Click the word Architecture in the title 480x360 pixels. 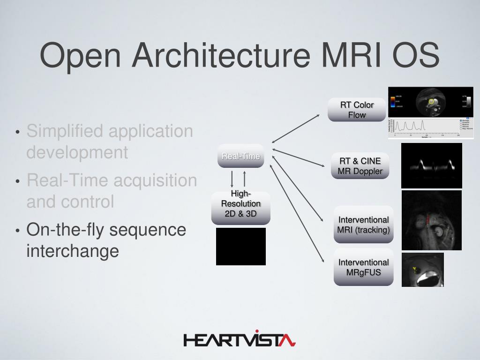pyautogui.click(x=220, y=55)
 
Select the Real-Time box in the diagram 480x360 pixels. pyautogui.click(x=240, y=156)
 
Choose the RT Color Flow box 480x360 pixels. pyautogui.click(x=357, y=110)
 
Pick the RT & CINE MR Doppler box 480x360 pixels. pyautogui.click(x=360, y=166)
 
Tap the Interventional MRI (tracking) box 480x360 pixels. pyautogui.click(x=363, y=225)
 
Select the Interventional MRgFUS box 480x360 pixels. pyautogui.click(x=363, y=267)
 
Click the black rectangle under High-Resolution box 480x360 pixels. pyautogui.click(x=240, y=247)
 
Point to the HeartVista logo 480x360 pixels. pyautogui.click(x=240, y=339)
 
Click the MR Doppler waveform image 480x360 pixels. pyautogui.click(x=431, y=165)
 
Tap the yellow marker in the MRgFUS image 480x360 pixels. pyautogui.click(x=414, y=270)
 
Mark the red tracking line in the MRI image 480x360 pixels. pyautogui.click(x=428, y=218)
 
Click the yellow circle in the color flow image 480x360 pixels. pyautogui.click(x=431, y=101)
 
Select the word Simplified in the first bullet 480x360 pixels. pyautogui.click(x=64, y=131)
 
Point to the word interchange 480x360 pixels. pyautogui.click(x=73, y=251)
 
